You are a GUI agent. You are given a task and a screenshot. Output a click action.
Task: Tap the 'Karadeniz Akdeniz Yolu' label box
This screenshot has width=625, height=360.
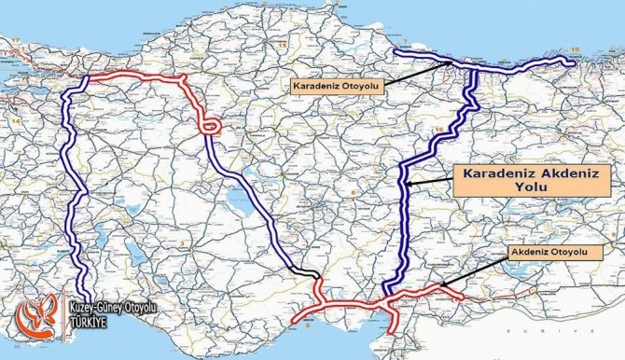[x=512, y=179]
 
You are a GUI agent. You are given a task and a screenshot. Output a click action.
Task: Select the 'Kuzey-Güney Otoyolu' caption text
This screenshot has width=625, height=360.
[x=115, y=307]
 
